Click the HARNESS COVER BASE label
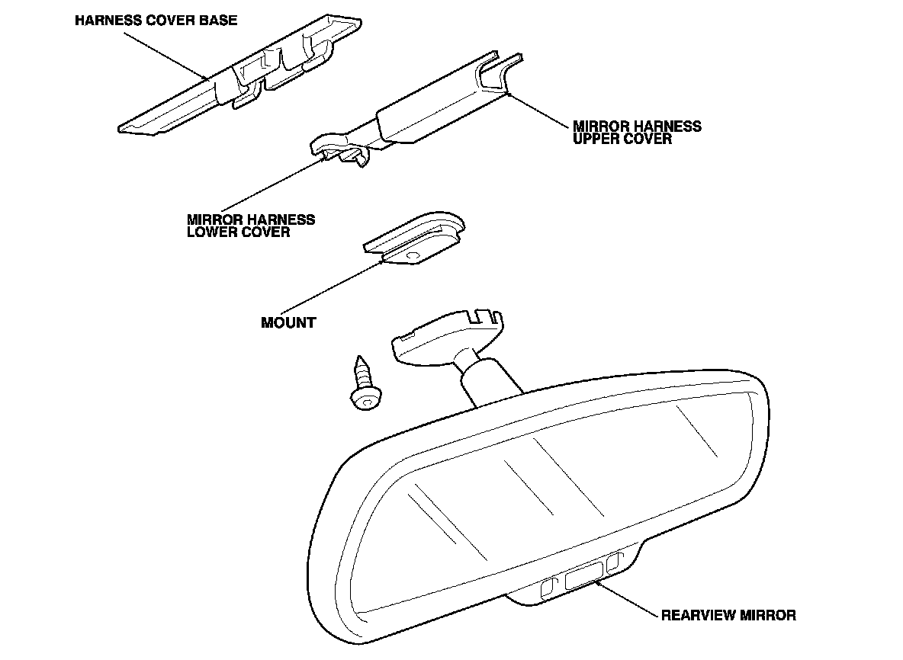[x=156, y=21]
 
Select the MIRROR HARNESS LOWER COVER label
[x=251, y=225]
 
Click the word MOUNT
[x=288, y=322]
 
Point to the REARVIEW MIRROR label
[x=728, y=615]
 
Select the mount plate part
[x=416, y=240]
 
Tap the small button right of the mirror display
[x=615, y=563]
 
